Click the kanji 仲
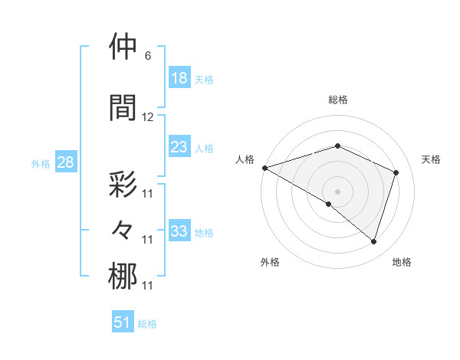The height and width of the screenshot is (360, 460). (123, 47)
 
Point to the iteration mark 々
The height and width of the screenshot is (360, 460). (123, 229)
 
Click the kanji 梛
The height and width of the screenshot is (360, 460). (123, 277)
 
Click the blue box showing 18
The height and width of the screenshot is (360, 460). (179, 78)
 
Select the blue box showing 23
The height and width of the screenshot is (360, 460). (179, 147)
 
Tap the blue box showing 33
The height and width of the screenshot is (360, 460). (179, 231)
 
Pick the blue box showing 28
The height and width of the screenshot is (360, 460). (64, 162)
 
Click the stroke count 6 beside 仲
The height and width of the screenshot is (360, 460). (147, 56)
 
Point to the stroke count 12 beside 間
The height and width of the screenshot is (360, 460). (148, 117)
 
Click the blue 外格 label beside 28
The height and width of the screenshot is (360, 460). (41, 163)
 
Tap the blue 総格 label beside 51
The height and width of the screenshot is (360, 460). (147, 323)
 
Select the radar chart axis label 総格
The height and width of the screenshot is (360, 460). (337, 100)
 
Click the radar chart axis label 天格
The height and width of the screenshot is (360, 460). (432, 159)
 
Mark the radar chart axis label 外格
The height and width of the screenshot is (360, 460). (270, 262)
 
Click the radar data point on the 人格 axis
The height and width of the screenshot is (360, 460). (264, 168)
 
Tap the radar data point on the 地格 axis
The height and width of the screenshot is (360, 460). (373, 242)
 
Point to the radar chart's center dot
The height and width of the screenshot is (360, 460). (337, 190)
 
